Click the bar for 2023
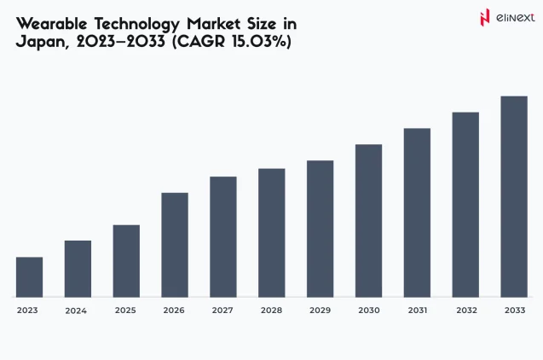29,277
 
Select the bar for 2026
175,245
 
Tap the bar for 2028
271,233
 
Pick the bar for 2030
368,221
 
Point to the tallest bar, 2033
513,196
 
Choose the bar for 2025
126,261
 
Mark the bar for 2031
417,212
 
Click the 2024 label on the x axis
76,311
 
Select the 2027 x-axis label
223,311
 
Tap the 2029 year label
320,311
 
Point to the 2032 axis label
465,311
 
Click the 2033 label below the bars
514,311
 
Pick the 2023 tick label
27,311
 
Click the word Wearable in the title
53,23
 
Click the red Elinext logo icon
485,17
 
